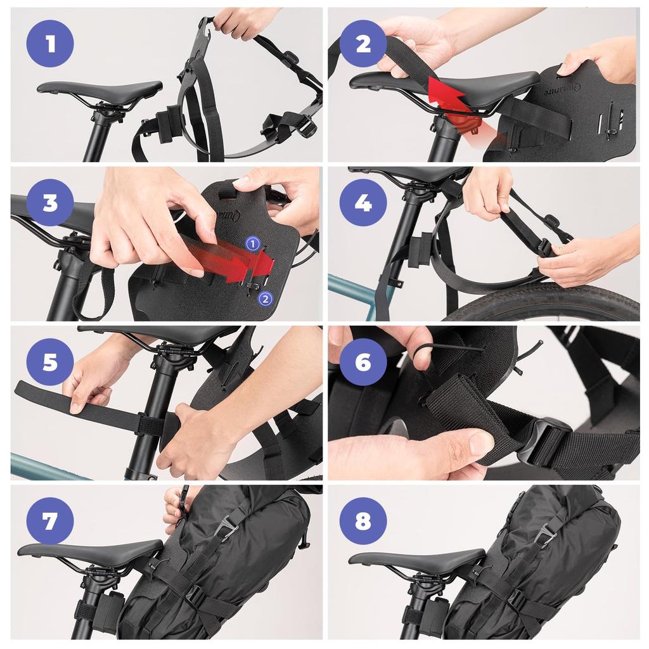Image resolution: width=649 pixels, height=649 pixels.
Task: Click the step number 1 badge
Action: click(50, 43)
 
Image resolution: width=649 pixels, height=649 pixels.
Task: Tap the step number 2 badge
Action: click(363, 43)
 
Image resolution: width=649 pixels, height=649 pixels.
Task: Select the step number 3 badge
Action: click(50, 203)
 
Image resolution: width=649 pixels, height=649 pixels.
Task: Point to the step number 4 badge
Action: click(363, 203)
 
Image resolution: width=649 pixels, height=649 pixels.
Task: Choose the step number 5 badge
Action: click(50, 363)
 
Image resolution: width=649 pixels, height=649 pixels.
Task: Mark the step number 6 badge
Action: click(363, 363)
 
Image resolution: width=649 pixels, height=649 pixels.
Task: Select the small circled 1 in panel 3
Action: click(252, 243)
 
